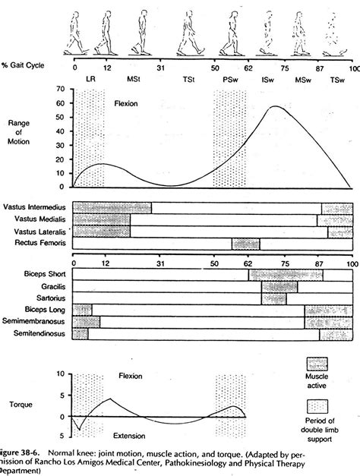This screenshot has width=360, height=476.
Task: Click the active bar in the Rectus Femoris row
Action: pos(245,244)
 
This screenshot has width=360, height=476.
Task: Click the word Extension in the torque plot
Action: pos(134,437)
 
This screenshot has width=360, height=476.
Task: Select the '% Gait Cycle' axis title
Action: pos(27,67)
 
